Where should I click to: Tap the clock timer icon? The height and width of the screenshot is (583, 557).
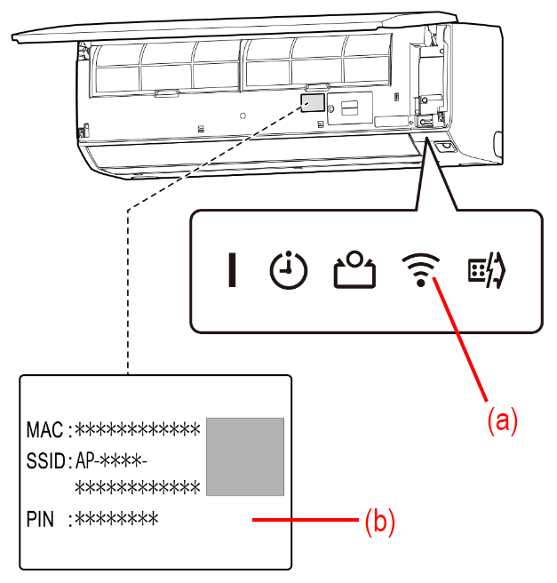[289, 270]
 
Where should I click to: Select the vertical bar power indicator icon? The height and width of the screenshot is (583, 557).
[232, 270]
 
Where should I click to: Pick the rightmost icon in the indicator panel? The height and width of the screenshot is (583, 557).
[487, 269]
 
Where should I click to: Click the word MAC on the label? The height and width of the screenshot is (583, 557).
[44, 431]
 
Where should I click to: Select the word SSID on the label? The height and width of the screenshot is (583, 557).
[45, 461]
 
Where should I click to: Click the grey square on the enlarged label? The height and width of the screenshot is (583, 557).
[245, 456]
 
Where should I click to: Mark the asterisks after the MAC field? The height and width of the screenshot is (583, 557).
[136, 431]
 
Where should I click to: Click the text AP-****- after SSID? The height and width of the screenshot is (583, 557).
[110, 461]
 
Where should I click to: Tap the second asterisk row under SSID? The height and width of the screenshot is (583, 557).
[136, 488]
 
